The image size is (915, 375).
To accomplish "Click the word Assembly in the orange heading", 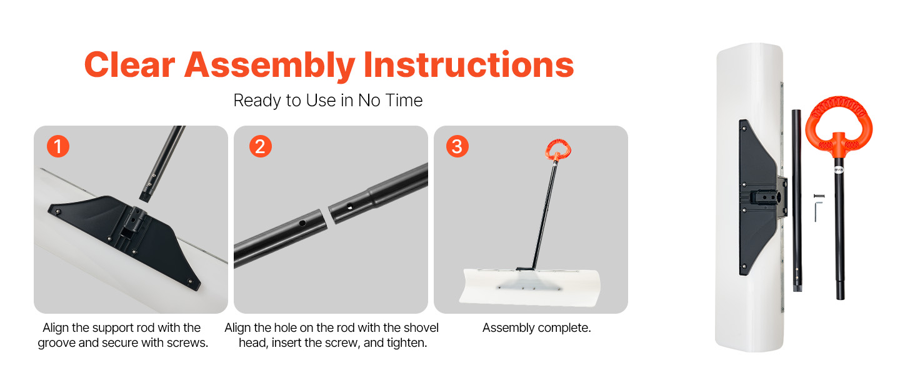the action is pyautogui.click(x=269, y=66).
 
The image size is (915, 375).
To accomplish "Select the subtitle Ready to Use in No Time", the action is pyautogui.click(x=327, y=101).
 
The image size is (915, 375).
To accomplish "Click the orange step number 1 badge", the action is pyautogui.click(x=58, y=146).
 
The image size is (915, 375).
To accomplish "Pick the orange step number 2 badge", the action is pyautogui.click(x=260, y=146).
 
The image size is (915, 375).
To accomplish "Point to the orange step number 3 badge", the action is pyautogui.click(x=457, y=146).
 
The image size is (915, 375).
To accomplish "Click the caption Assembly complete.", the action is pyautogui.click(x=537, y=327).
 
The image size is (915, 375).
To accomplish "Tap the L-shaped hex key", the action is pyautogui.click(x=816, y=211).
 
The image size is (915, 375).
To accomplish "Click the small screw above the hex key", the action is pyautogui.click(x=819, y=196).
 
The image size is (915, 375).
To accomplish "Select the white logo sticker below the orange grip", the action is pyautogui.click(x=839, y=170).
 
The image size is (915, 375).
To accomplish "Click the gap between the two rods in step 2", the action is pyautogui.click(x=327, y=216).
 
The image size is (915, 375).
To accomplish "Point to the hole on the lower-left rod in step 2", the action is pyautogui.click(x=302, y=223).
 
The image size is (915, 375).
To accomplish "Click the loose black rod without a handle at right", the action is pyautogui.click(x=797, y=200).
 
